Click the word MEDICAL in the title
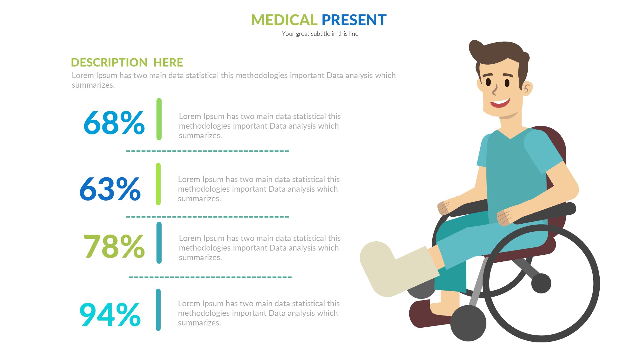[284, 20]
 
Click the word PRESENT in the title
[354, 20]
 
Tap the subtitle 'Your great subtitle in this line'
[320, 34]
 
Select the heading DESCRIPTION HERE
[127, 62]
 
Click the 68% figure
[114, 122]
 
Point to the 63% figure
[110, 189]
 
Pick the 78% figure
[114, 246]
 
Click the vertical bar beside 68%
[159, 119]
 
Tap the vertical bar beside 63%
[158, 184]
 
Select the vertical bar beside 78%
[159, 243]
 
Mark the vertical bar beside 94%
[158, 310]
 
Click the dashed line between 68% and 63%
[208, 151]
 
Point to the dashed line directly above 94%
[210, 277]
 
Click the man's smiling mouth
[500, 103]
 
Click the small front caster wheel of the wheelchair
[468, 323]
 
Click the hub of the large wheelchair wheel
[541, 283]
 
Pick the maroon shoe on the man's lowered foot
[429, 315]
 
